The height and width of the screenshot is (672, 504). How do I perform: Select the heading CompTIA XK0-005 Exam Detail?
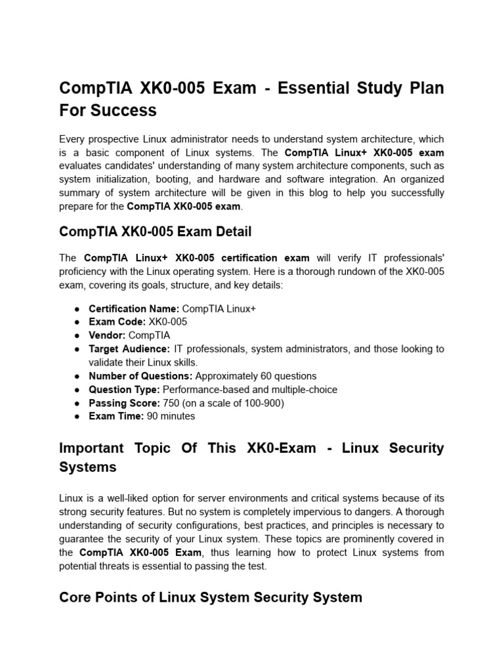coord(155,232)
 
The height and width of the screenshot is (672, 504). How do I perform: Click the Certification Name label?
coord(134,308)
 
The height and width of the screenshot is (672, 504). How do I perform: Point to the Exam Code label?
coord(117,322)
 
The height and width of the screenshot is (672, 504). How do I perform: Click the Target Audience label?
coord(129,349)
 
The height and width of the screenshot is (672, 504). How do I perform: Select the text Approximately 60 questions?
coord(256,376)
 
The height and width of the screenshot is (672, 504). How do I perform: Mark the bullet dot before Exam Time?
coord(77,417)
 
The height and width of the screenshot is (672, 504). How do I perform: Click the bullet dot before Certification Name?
coord(77,309)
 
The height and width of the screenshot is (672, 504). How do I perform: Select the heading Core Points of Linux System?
coord(210,597)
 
